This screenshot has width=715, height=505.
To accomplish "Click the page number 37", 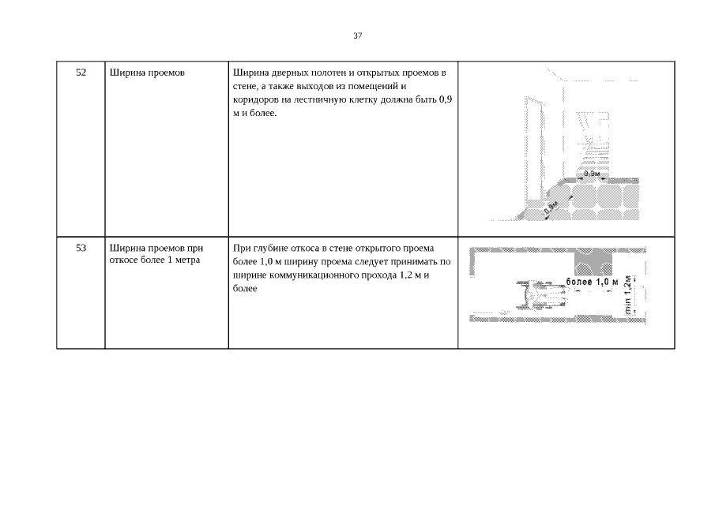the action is pos(357,36).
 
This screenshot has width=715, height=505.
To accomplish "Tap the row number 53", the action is pos(81,248).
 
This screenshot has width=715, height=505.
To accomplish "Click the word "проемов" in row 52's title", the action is pos(167,73).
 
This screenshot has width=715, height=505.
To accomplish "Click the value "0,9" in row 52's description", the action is pos(446,99).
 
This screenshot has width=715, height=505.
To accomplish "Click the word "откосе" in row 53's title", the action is pos(123,260).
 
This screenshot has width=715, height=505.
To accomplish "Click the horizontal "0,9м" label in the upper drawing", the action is pos(592,174).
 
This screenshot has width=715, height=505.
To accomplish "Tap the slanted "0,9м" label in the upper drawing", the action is pos(551,208).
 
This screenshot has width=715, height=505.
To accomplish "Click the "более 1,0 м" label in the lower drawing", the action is pos(592,282).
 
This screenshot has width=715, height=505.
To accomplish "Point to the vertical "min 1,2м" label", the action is pos(628,294).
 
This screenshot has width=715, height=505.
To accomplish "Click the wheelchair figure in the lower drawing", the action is pos(542,295).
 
